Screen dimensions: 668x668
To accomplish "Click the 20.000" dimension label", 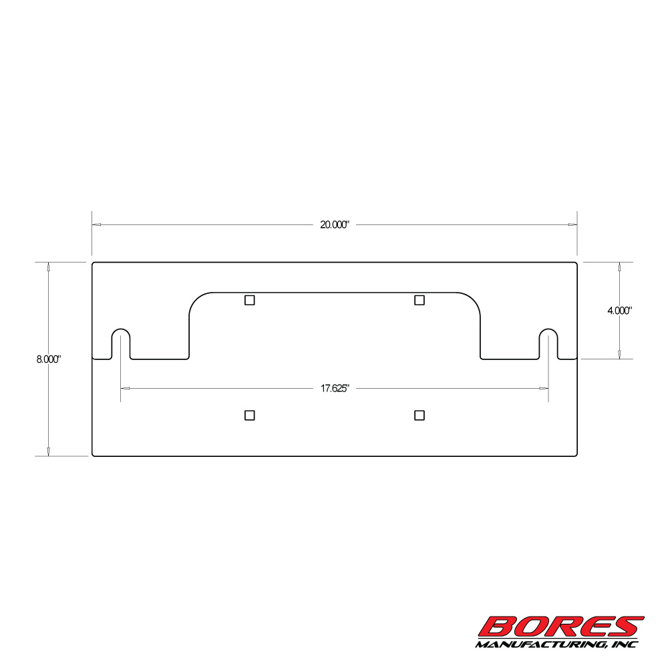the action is tap(335, 225).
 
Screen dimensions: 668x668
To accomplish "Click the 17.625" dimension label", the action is tap(335, 389).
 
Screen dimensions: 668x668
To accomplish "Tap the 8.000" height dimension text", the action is tap(49, 359).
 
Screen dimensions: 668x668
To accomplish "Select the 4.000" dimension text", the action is tap(619, 311).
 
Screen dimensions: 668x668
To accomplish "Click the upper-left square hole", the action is tap(250, 301).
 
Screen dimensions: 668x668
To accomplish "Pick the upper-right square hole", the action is tap(420, 301).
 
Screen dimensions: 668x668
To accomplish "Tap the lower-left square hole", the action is tap(250, 415).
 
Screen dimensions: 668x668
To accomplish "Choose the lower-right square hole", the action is tap(420, 415).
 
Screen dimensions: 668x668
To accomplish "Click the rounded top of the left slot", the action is tap(121, 329).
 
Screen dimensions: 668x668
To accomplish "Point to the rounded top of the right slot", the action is tap(548, 329).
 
